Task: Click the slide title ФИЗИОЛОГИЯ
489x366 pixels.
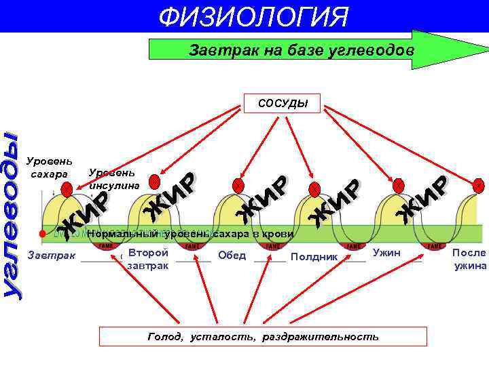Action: point(253,16)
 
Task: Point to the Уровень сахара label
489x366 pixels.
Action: point(48,168)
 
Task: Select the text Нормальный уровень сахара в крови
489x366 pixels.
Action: point(190,234)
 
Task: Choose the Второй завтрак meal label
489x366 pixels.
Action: point(148,259)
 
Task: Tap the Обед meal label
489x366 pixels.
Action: point(232,256)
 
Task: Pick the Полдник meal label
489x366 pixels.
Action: point(314,257)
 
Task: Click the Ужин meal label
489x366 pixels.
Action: point(388,253)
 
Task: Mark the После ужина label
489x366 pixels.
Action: point(469,259)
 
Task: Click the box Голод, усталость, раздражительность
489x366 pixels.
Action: point(263,336)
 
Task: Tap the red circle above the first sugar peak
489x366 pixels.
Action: point(66,191)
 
